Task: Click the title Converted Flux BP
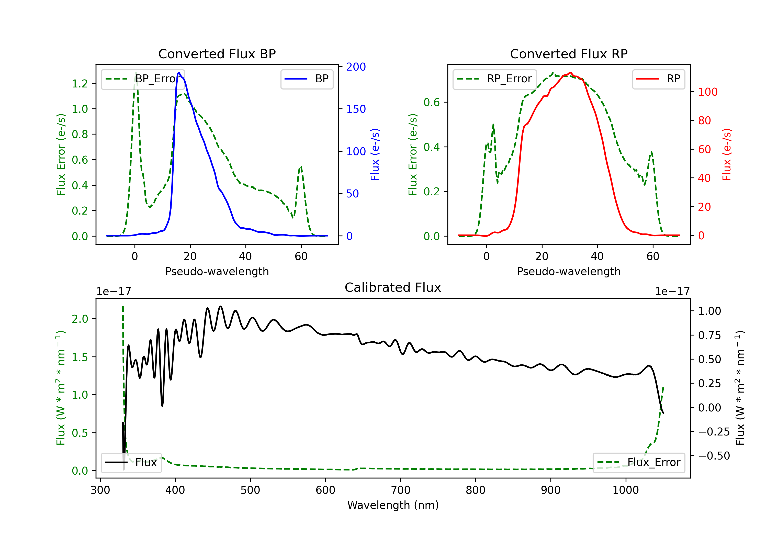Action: pos(217,54)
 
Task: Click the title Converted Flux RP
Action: pos(569,54)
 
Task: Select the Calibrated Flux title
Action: pos(393,287)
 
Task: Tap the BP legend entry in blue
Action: pos(307,79)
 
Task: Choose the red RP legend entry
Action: pos(658,79)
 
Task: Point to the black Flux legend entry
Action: pos(131,463)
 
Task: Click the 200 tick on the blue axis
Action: pos(356,67)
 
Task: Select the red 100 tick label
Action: pos(707,92)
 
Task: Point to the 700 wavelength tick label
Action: pos(401,490)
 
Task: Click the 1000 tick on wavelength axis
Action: pos(625,490)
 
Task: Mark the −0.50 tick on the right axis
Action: pos(714,456)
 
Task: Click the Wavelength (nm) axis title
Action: pos(393,505)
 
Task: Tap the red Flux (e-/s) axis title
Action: pos(727,155)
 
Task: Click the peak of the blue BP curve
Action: pos(179,73)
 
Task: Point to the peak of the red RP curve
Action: pos(570,73)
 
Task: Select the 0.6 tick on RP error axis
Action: pos(432,102)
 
